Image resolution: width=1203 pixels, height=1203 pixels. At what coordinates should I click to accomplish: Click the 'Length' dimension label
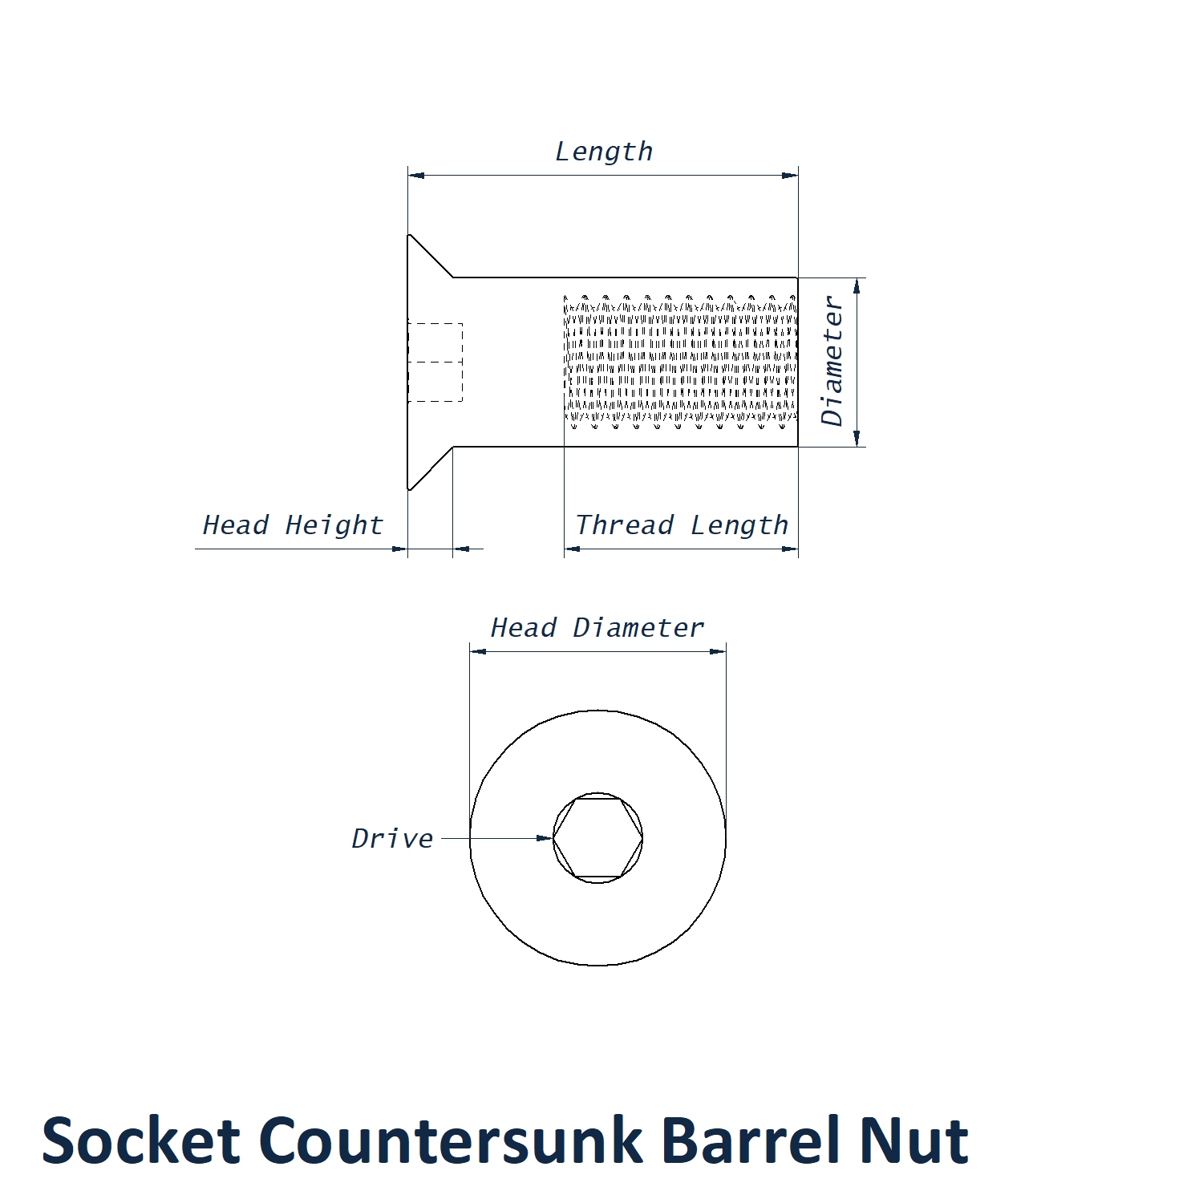pos(604,152)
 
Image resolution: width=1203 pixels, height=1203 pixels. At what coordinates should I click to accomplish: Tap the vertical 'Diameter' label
pos(832,361)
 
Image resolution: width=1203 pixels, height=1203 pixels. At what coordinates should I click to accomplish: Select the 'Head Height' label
pos(293,525)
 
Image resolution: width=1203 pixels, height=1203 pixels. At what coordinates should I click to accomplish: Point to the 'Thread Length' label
pos(682,525)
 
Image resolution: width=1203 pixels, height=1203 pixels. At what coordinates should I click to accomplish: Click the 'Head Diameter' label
pos(597,628)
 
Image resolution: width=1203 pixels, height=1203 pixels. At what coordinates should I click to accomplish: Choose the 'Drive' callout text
pos(392,839)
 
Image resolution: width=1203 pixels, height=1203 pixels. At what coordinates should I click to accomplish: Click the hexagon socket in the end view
pos(597,838)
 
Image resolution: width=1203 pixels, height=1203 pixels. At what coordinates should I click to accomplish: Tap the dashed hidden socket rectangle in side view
pos(435,363)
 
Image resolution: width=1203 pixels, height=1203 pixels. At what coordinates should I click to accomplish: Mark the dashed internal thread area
pos(681,361)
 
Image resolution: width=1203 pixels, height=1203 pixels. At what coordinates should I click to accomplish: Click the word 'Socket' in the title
pos(140,1140)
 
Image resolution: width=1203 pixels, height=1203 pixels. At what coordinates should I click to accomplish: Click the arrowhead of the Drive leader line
pos(546,838)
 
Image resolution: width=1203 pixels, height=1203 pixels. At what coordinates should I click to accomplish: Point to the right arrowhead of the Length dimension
pos(791,175)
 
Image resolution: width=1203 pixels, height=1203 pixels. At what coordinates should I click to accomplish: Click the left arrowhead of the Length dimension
pos(415,175)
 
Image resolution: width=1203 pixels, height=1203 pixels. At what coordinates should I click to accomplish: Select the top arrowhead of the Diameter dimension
pos(857,286)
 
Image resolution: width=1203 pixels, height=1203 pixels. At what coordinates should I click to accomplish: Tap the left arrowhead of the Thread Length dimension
pos(572,549)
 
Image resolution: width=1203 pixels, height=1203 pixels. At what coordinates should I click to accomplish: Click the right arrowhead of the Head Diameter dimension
pos(719,651)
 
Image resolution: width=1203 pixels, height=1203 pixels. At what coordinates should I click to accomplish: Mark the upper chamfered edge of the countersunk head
pos(431,256)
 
